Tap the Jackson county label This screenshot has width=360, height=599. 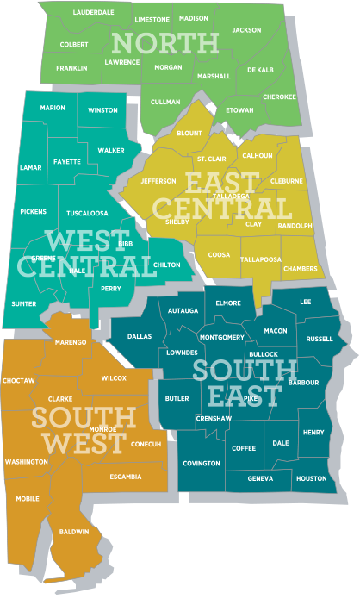click(x=246, y=30)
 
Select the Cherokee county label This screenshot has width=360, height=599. click(x=279, y=97)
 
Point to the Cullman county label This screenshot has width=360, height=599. click(x=165, y=102)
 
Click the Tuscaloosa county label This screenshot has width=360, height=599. click(x=87, y=212)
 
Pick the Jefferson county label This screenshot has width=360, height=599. click(x=158, y=181)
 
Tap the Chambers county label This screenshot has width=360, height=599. click(x=300, y=269)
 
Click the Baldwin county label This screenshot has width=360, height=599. click(x=74, y=532)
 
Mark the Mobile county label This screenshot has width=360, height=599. click(x=28, y=499)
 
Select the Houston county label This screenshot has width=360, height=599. click(x=311, y=478)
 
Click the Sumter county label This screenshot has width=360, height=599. click(x=24, y=303)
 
